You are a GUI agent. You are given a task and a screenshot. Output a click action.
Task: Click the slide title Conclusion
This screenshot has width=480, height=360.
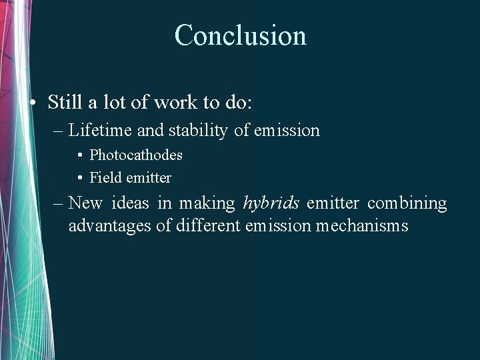[x=240, y=35]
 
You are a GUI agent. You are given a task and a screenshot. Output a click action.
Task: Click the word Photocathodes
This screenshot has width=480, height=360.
[x=136, y=155]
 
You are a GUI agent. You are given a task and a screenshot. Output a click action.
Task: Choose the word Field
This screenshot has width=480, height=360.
[x=103, y=177]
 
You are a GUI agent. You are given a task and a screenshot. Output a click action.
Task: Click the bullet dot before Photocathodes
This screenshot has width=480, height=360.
[x=79, y=155]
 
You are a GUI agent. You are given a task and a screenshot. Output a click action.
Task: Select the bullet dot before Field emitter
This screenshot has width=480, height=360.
[x=79, y=178]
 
